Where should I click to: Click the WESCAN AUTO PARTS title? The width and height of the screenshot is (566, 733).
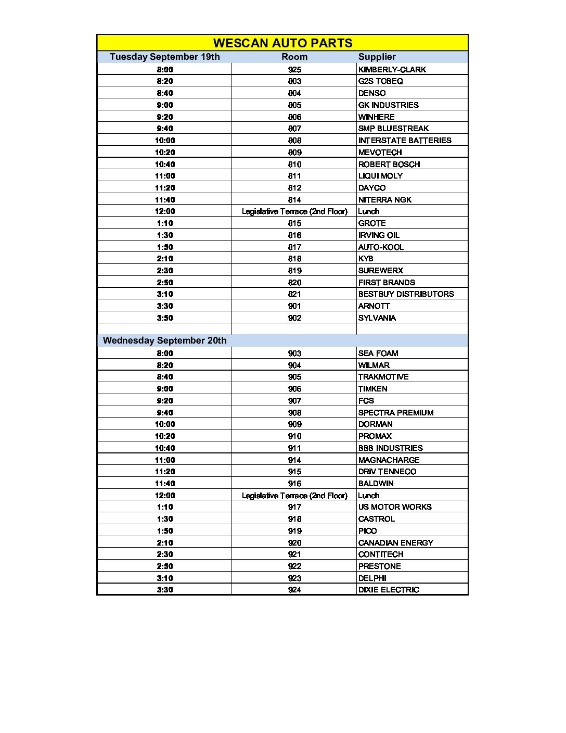pos(282,43)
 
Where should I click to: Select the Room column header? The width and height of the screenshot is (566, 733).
pos(294,57)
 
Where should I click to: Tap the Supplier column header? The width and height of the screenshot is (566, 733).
pos(377,57)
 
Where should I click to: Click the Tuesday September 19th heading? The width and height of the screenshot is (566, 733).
pos(164,57)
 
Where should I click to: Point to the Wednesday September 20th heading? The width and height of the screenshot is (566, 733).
pos(164,340)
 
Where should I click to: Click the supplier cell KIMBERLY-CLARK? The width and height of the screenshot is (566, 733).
pos(392,69)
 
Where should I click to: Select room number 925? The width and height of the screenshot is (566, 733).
pos(294,69)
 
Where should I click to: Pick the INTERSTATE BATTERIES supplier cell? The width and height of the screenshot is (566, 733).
pos(405,141)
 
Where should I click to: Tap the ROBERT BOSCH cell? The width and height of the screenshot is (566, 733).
pos(389,164)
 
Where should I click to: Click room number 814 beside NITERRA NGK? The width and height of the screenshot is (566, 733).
pos(294,200)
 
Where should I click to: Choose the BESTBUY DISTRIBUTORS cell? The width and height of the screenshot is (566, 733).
pos(406,294)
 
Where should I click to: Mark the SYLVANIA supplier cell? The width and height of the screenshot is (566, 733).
pos(377,318)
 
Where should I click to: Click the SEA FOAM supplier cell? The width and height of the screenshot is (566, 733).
pos(378,353)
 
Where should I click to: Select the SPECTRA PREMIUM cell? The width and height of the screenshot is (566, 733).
pos(395,413)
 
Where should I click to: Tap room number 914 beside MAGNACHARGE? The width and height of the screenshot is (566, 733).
pos(294,460)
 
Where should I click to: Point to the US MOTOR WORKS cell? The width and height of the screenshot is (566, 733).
pos(394,507)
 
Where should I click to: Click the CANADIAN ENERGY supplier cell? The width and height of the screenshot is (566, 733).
pos(395,543)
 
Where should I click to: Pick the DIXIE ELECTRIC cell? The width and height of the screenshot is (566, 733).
pos(388,590)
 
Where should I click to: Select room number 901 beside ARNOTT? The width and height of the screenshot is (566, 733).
pos(294,306)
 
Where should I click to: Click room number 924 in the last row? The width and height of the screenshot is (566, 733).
pos(294,590)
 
